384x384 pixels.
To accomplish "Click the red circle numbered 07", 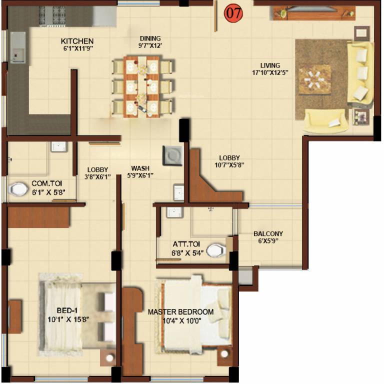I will [x=233, y=13].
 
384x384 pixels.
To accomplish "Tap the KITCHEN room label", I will [x=77, y=45].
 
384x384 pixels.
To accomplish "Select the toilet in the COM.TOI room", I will [x=18, y=189].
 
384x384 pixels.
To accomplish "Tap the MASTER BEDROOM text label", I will [x=180, y=315].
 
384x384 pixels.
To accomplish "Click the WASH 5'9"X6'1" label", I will [x=142, y=172].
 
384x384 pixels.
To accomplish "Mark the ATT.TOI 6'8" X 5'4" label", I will [x=186, y=248].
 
